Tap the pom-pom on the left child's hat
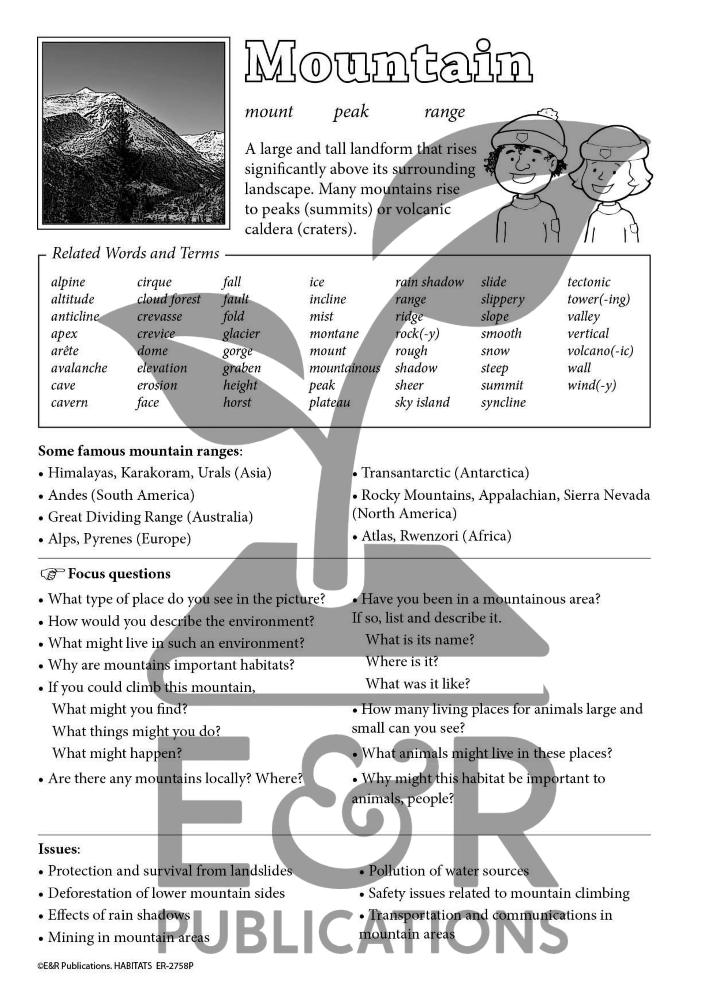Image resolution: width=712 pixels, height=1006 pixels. tap(548, 115)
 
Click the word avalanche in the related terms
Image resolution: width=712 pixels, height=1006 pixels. tap(79, 368)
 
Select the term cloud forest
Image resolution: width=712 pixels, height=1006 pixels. tap(168, 299)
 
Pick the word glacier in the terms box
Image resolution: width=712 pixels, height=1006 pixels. tap(241, 334)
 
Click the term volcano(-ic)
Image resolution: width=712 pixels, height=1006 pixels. tap(600, 351)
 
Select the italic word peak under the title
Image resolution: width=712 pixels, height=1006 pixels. tap(351, 112)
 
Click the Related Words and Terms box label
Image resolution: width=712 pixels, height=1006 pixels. tap(135, 253)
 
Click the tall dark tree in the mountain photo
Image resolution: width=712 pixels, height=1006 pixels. tap(124, 145)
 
